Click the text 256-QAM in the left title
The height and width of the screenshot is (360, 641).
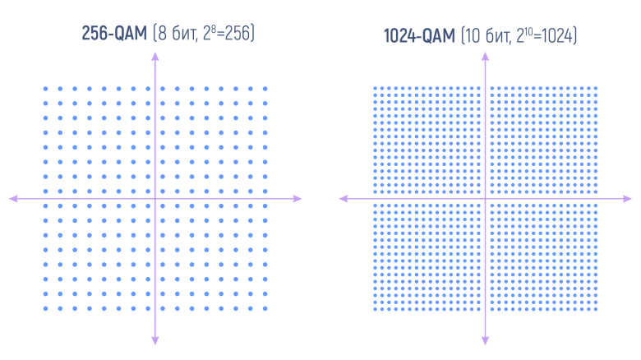pos(114,34)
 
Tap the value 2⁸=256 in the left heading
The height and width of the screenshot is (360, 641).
pos(228,34)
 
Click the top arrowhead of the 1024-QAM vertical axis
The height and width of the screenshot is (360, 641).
pos(486,55)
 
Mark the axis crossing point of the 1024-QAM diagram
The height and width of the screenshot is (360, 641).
pos(486,198)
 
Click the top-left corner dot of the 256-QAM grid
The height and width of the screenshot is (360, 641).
pos(45,89)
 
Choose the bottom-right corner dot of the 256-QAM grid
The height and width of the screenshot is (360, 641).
pos(265,309)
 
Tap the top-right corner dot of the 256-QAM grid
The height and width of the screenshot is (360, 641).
pos(265,89)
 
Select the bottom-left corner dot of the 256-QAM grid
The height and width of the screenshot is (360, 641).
pos(45,309)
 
